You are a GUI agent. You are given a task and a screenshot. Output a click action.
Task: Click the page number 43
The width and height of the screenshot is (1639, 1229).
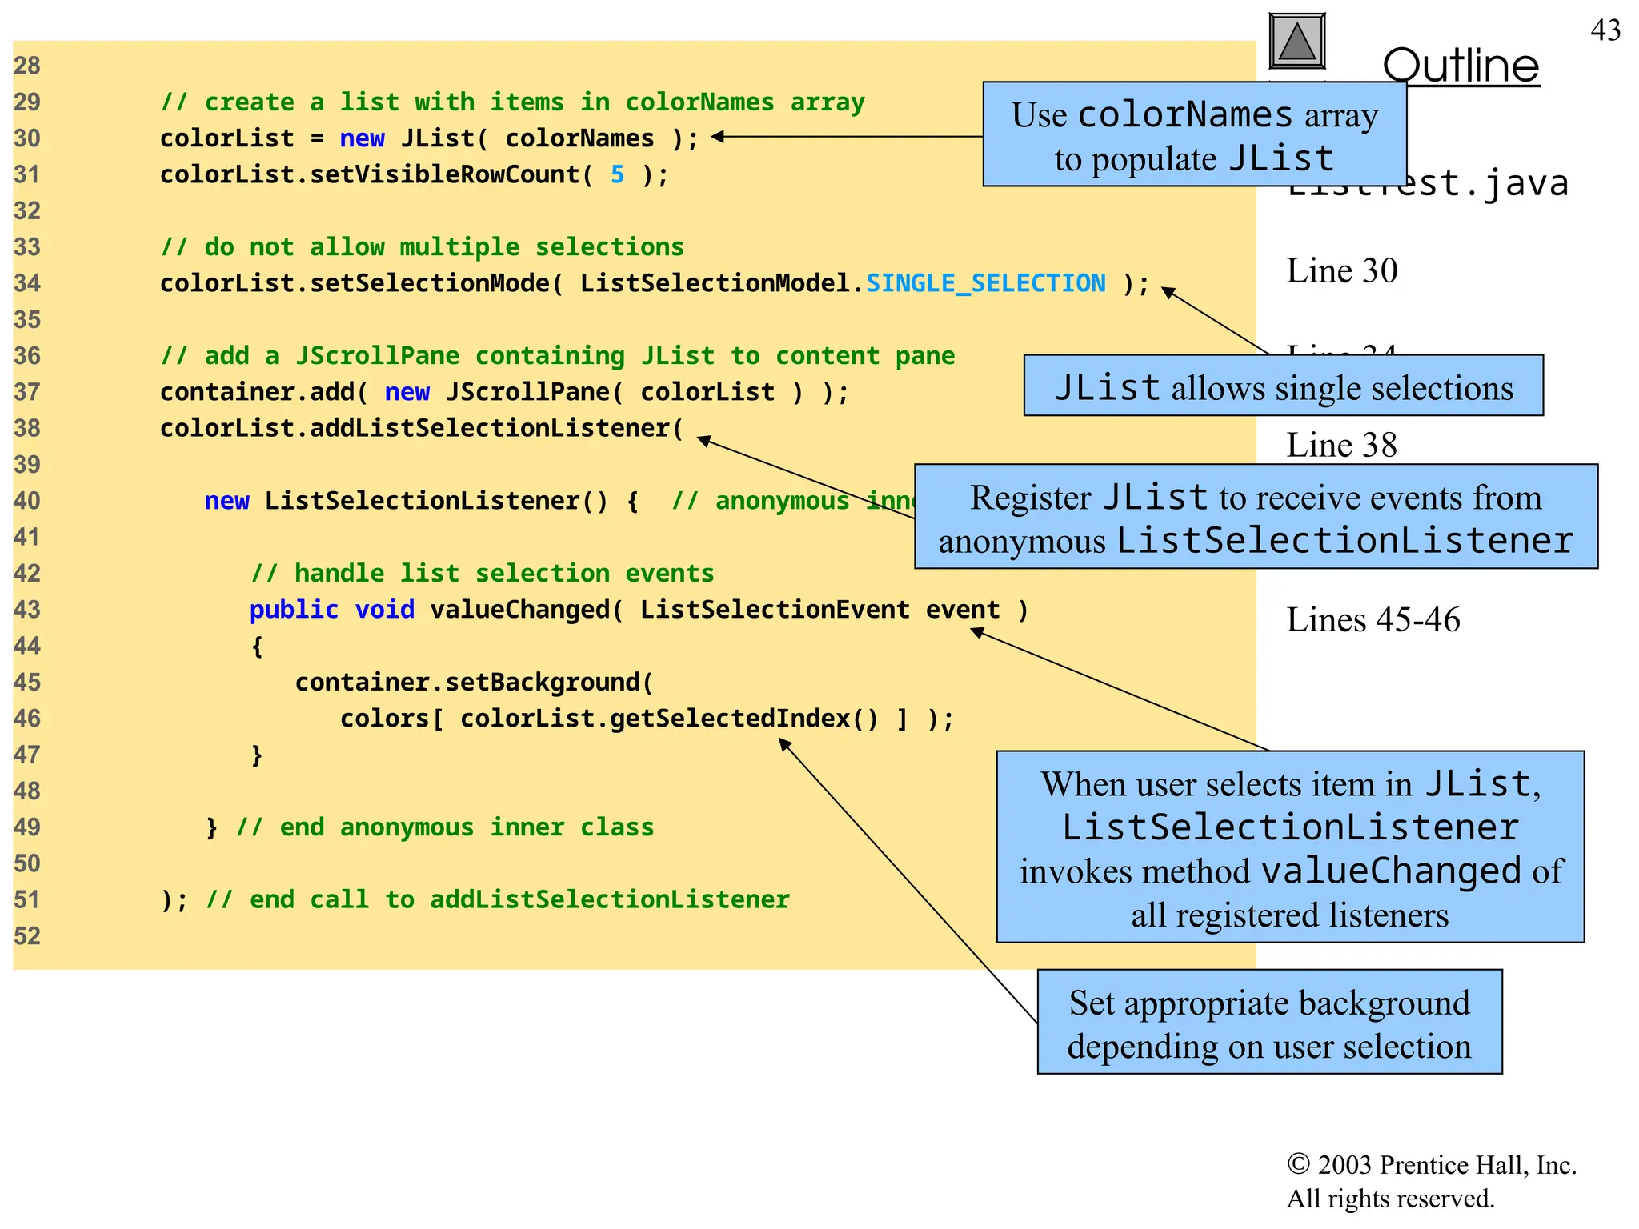1605,30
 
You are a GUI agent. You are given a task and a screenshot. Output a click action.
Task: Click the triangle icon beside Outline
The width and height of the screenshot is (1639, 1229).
1297,42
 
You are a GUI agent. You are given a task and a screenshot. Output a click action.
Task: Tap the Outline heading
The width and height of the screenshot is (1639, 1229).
1461,66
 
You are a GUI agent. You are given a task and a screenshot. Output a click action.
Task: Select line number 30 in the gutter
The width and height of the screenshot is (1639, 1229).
27,138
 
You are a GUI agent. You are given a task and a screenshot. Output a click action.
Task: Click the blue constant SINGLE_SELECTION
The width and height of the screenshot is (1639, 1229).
985,283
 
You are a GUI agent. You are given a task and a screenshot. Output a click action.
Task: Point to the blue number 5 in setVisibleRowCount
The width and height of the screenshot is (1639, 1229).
617,174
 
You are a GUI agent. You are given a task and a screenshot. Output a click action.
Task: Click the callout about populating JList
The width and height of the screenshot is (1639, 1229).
1194,135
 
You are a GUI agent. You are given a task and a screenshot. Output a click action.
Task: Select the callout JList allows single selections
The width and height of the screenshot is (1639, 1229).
1283,387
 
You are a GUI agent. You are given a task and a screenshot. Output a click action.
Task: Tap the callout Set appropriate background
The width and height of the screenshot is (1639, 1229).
1269,1023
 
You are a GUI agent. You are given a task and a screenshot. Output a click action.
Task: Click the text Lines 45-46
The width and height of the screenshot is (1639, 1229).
1373,620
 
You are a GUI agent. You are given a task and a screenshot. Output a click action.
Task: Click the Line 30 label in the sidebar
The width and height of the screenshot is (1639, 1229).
1341,271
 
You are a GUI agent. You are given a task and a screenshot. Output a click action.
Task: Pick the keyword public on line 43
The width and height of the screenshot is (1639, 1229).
294,610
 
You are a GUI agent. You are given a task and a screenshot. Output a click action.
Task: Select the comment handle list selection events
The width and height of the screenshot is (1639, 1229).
483,574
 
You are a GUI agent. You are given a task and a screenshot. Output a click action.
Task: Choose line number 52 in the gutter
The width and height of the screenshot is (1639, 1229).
27,936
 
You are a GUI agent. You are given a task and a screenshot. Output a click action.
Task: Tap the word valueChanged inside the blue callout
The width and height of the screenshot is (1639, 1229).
1391,871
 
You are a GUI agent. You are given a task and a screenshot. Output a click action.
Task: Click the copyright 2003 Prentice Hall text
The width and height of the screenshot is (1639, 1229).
1431,1166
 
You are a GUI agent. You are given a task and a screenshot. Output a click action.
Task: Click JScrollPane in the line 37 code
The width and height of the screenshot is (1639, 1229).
527,392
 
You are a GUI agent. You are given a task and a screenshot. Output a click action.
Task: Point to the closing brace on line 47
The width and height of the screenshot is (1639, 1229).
257,755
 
